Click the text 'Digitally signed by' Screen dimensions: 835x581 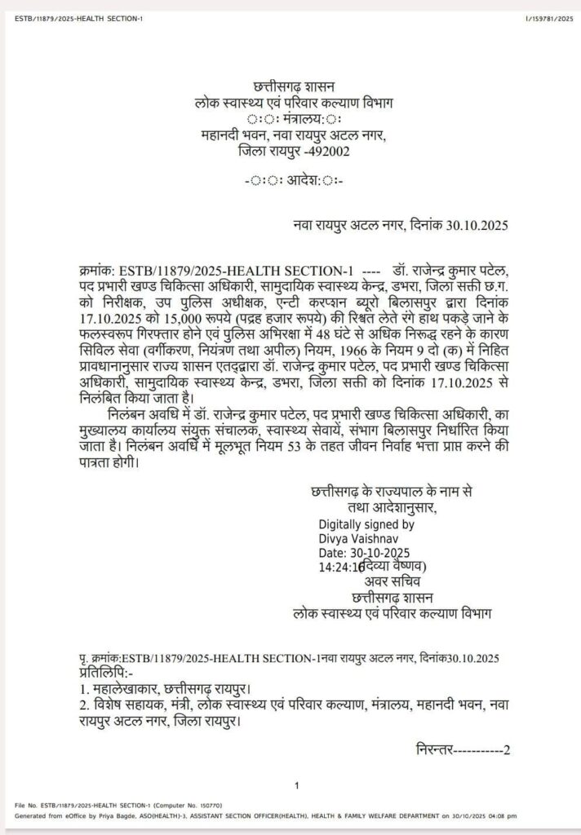click(366, 526)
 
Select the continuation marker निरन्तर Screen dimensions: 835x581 click(433, 749)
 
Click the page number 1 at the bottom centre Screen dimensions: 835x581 click(297, 786)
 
